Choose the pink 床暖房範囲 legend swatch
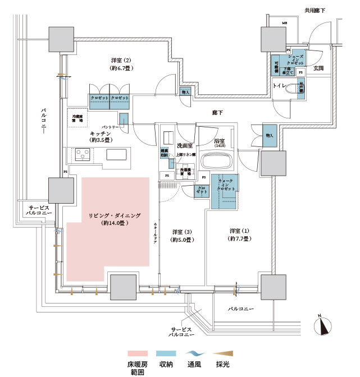click(x=137, y=353)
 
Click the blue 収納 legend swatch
click(x=166, y=353)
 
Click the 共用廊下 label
click(x=315, y=11)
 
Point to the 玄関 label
click(x=318, y=68)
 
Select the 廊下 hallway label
click(x=218, y=113)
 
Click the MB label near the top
click(x=285, y=23)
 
